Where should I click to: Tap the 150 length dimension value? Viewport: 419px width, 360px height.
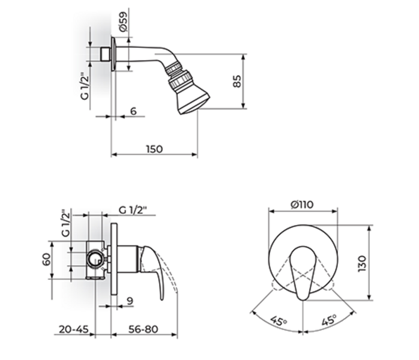tap(154, 149)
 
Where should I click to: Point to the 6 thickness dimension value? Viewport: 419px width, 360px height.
tap(133, 111)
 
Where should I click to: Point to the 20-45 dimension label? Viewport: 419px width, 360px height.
tap(74, 329)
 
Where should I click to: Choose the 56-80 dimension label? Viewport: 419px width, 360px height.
tap(142, 329)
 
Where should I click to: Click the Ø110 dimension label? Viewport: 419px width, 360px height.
tap(303, 205)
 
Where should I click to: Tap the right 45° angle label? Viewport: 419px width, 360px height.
tap(328, 321)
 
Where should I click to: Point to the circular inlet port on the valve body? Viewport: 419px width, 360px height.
tap(94, 259)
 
